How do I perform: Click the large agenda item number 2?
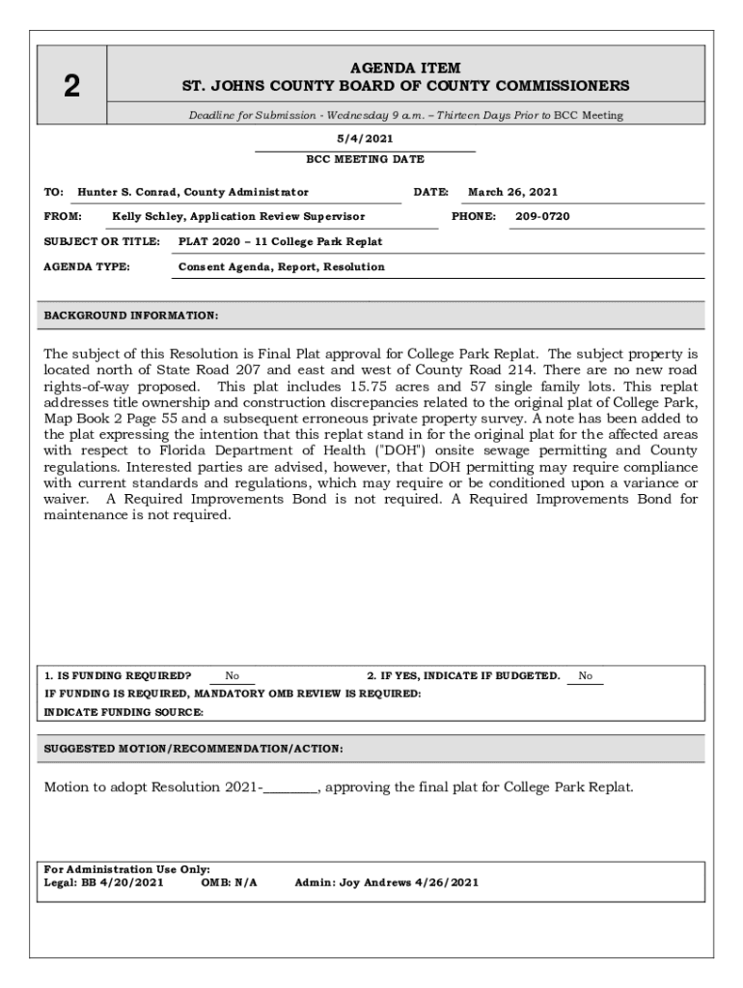71,87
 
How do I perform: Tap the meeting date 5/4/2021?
365,139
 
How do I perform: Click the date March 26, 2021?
512,192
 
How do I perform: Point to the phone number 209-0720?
542,216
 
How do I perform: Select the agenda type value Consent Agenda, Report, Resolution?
281,266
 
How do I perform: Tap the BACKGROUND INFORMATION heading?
131,316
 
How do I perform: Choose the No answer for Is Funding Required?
233,676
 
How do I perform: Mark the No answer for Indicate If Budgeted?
586,676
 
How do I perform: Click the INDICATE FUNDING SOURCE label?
124,712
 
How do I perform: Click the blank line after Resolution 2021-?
290,787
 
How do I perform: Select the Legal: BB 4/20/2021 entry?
103,882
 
